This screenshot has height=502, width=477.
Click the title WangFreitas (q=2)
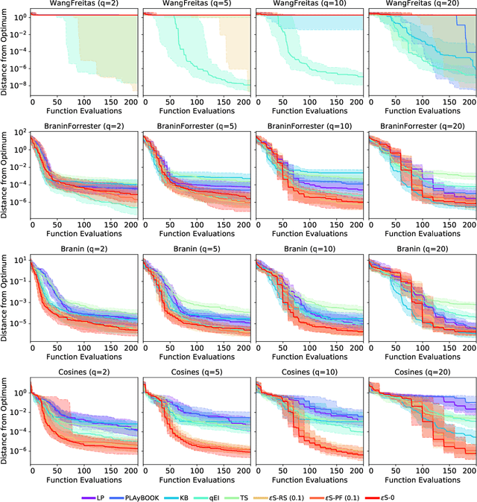(x=85, y=4)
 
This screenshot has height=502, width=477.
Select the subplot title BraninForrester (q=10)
(x=309, y=126)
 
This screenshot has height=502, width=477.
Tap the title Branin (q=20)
(x=423, y=251)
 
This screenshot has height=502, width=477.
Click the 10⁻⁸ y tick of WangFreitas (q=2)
(x=19, y=86)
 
